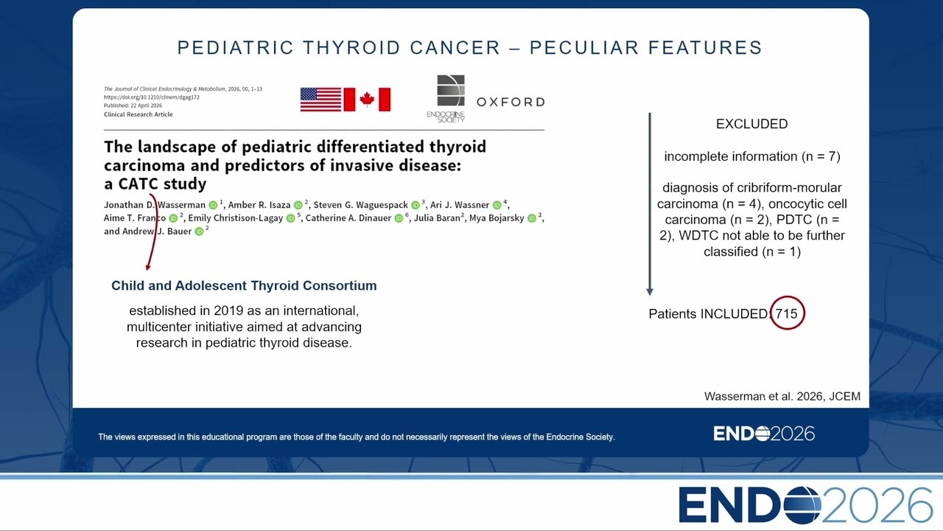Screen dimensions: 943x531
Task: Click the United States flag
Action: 320,100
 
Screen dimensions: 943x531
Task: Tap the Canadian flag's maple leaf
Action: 367,100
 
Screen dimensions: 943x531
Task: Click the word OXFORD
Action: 511,102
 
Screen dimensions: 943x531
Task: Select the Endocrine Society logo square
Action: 451,90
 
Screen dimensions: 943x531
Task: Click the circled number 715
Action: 786,313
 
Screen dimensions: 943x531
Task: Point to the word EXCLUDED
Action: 752,124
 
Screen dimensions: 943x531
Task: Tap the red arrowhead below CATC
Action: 148,267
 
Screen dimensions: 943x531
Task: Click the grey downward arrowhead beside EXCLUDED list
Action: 650,291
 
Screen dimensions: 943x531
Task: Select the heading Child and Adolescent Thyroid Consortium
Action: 244,285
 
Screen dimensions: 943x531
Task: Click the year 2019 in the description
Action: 228,310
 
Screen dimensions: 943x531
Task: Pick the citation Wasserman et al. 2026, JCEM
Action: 782,397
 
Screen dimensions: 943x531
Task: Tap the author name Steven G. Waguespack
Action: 360,205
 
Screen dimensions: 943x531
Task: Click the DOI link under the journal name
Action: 152,97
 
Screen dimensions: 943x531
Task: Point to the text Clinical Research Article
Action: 138,114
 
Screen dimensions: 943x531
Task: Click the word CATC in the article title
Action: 138,184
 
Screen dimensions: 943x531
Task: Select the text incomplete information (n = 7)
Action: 752,157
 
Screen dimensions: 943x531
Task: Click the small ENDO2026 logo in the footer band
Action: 764,434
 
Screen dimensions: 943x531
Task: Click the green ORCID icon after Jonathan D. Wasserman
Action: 213,205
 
